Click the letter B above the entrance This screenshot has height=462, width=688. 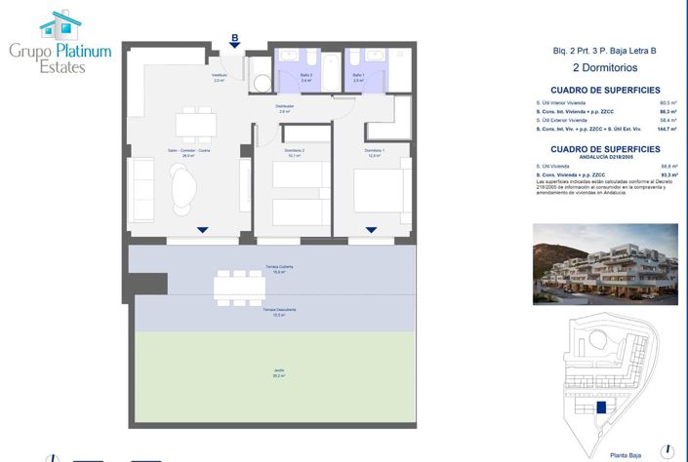(x=234, y=39)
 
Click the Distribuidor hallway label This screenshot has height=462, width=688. (x=285, y=109)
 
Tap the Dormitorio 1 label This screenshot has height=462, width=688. (x=375, y=151)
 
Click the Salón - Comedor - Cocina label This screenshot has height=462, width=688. (x=187, y=152)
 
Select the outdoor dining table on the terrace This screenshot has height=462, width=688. (x=238, y=285)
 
